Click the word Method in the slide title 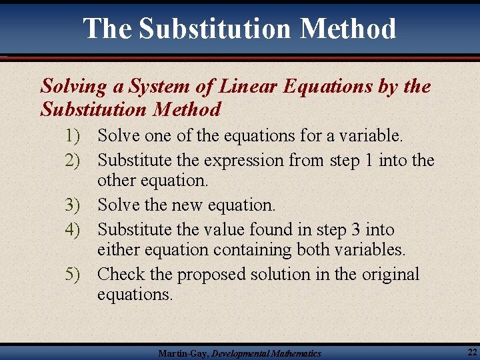348,29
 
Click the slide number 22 471,351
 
